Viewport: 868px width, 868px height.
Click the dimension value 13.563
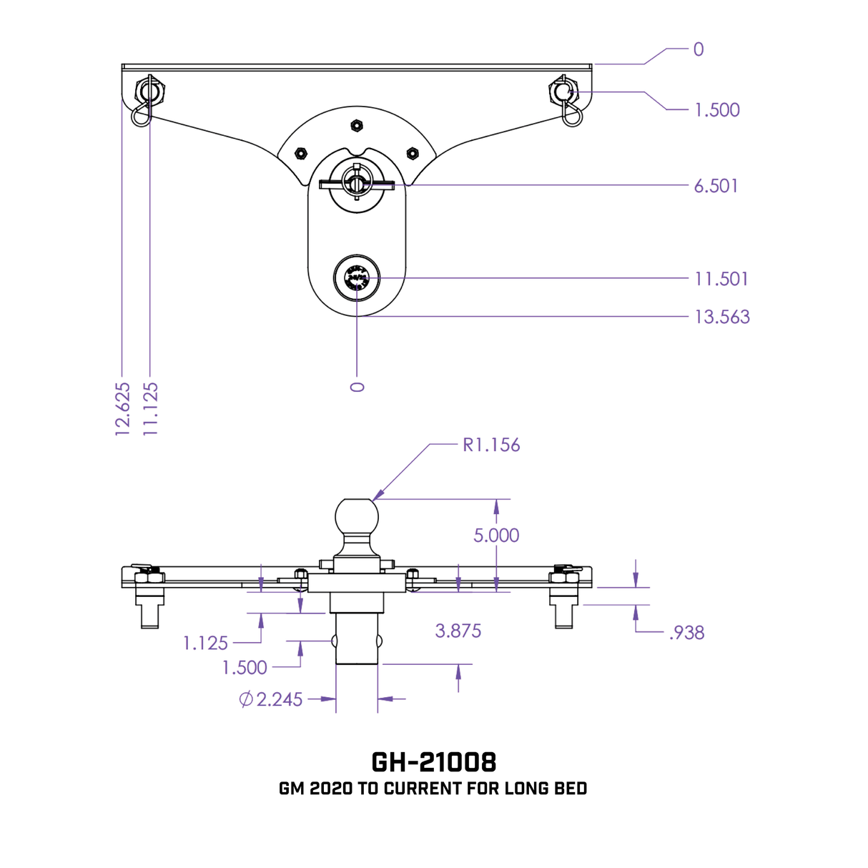[721, 317]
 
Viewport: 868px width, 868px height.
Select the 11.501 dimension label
[721, 279]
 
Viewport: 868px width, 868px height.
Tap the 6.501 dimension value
[716, 186]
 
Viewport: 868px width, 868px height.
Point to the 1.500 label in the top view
[716, 110]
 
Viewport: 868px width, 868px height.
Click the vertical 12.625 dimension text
[123, 408]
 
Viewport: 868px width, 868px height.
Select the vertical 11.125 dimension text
[151, 408]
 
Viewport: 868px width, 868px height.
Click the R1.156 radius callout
[491, 445]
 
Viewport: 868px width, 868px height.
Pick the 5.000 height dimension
[496, 536]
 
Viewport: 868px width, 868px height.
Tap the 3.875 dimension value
[458, 631]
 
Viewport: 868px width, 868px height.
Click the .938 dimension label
[686, 633]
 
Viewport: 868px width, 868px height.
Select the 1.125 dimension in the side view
[205, 643]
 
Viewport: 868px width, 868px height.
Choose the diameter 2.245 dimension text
[271, 699]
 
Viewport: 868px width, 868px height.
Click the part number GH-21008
[433, 761]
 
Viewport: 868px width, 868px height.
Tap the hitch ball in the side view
[356, 517]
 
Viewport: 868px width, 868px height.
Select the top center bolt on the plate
[356, 127]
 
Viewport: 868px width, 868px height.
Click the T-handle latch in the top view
[356, 184]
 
